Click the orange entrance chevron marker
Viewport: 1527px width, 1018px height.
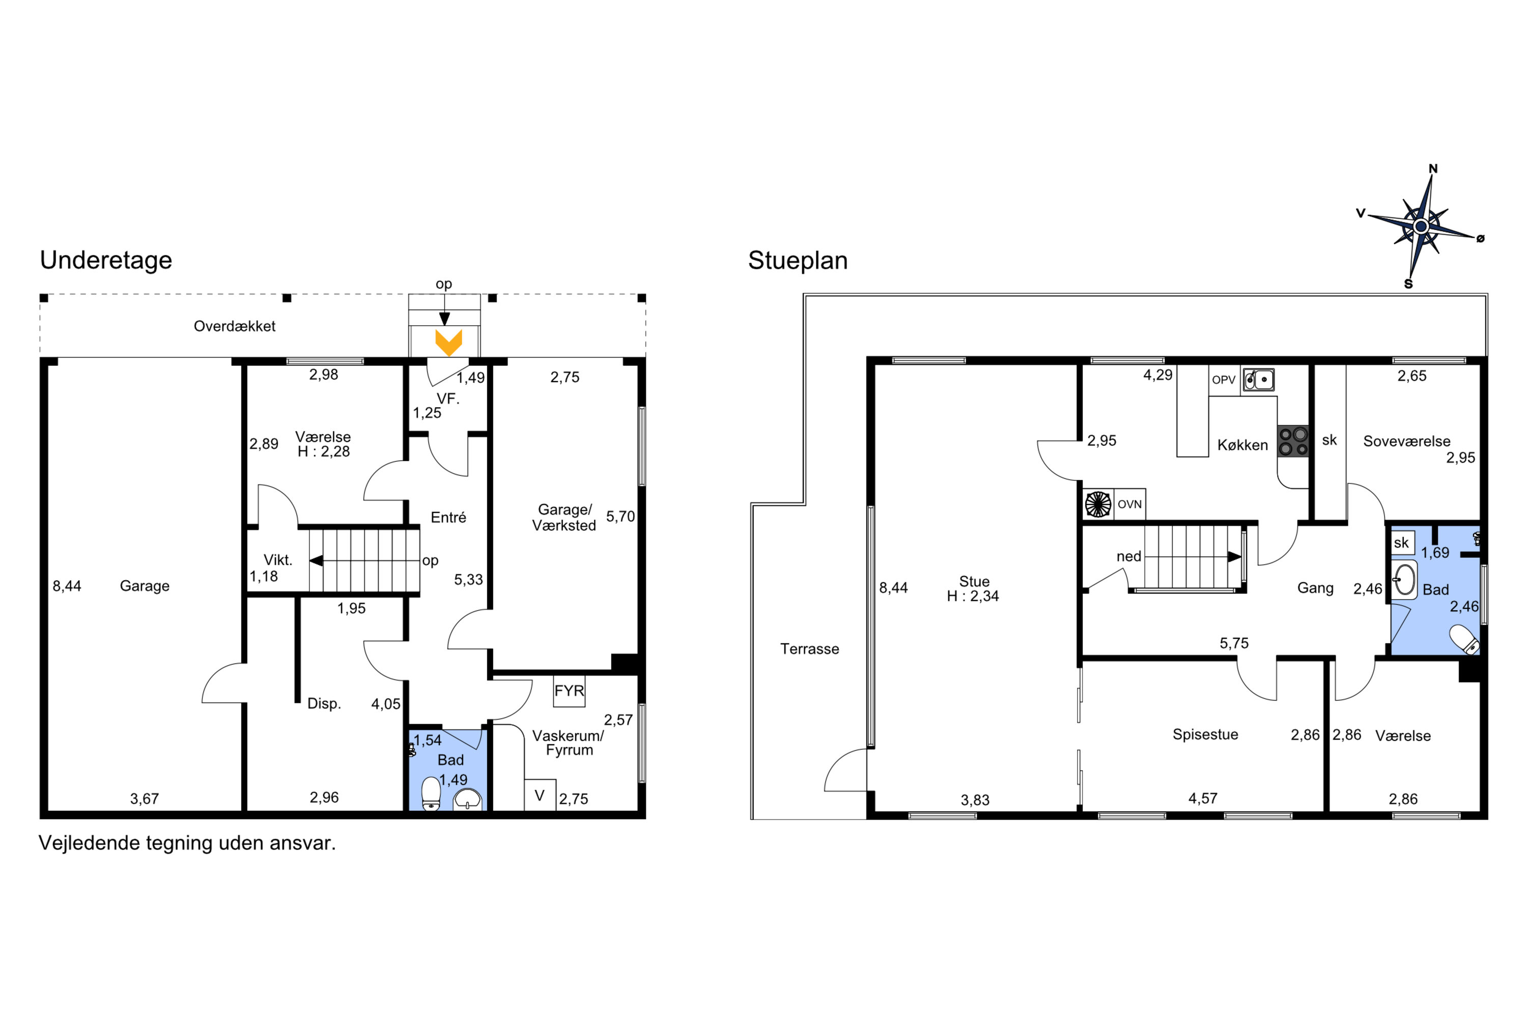coord(448,343)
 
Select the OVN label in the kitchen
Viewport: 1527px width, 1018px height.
coord(1129,504)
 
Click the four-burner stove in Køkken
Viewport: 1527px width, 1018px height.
coord(1293,441)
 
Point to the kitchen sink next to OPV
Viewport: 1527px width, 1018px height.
coord(1258,379)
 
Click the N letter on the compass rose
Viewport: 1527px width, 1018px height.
coord(1433,169)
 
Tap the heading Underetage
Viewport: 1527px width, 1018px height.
coord(106,260)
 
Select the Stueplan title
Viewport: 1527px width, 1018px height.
coord(798,260)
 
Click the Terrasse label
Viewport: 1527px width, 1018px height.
coord(810,648)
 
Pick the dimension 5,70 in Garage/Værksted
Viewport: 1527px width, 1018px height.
coord(620,516)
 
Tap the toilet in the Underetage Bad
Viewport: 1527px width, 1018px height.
coord(431,794)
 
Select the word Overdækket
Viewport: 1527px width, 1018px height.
coord(234,326)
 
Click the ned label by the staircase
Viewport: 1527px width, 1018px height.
coord(1128,556)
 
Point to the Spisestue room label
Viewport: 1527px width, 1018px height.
coord(1205,734)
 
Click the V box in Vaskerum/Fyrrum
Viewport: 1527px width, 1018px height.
coord(540,795)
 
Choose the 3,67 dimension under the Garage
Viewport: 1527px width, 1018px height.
coord(144,799)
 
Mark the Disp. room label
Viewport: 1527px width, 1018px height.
coord(324,703)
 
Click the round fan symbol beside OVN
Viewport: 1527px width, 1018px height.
coord(1098,504)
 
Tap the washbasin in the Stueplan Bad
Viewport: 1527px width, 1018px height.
coord(1404,580)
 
